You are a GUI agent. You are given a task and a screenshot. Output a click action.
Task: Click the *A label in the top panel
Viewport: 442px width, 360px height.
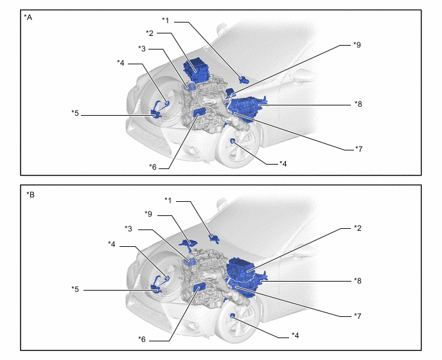(28, 17)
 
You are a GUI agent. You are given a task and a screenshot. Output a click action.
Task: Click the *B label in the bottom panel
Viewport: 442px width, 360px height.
(30, 195)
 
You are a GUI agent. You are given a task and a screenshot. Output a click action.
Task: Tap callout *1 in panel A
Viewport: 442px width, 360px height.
(166, 21)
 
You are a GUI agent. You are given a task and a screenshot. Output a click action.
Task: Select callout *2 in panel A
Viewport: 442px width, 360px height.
(150, 33)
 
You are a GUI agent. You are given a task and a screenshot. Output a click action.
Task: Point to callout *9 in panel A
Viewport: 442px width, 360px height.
(357, 45)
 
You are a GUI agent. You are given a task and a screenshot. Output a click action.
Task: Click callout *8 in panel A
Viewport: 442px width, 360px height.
(358, 104)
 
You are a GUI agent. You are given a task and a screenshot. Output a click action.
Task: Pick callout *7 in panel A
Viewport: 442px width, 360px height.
(358, 148)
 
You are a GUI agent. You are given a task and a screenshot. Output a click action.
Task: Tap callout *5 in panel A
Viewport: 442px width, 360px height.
(75, 113)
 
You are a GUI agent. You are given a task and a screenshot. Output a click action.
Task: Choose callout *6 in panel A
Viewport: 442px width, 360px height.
(153, 167)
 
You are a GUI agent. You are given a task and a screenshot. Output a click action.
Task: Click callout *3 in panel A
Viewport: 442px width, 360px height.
(142, 48)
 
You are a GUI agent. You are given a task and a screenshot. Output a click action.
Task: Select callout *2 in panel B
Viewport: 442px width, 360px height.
(357, 228)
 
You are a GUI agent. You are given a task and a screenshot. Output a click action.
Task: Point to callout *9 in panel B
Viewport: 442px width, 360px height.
(148, 214)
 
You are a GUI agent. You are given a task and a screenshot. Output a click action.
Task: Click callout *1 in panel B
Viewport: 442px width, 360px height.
(168, 201)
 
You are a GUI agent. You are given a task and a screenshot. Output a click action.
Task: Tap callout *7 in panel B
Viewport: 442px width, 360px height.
(357, 316)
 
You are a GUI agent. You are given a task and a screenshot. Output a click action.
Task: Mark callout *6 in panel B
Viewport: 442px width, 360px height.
(142, 339)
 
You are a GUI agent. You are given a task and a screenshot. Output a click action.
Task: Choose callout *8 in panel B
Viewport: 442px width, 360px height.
(357, 281)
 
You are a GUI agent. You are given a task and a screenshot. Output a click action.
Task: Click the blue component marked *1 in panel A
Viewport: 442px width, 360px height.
(243, 80)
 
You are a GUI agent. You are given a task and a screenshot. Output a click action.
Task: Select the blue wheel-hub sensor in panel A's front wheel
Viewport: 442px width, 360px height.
(233, 141)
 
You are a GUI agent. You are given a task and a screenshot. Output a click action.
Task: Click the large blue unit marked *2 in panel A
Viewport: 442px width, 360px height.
(196, 69)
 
